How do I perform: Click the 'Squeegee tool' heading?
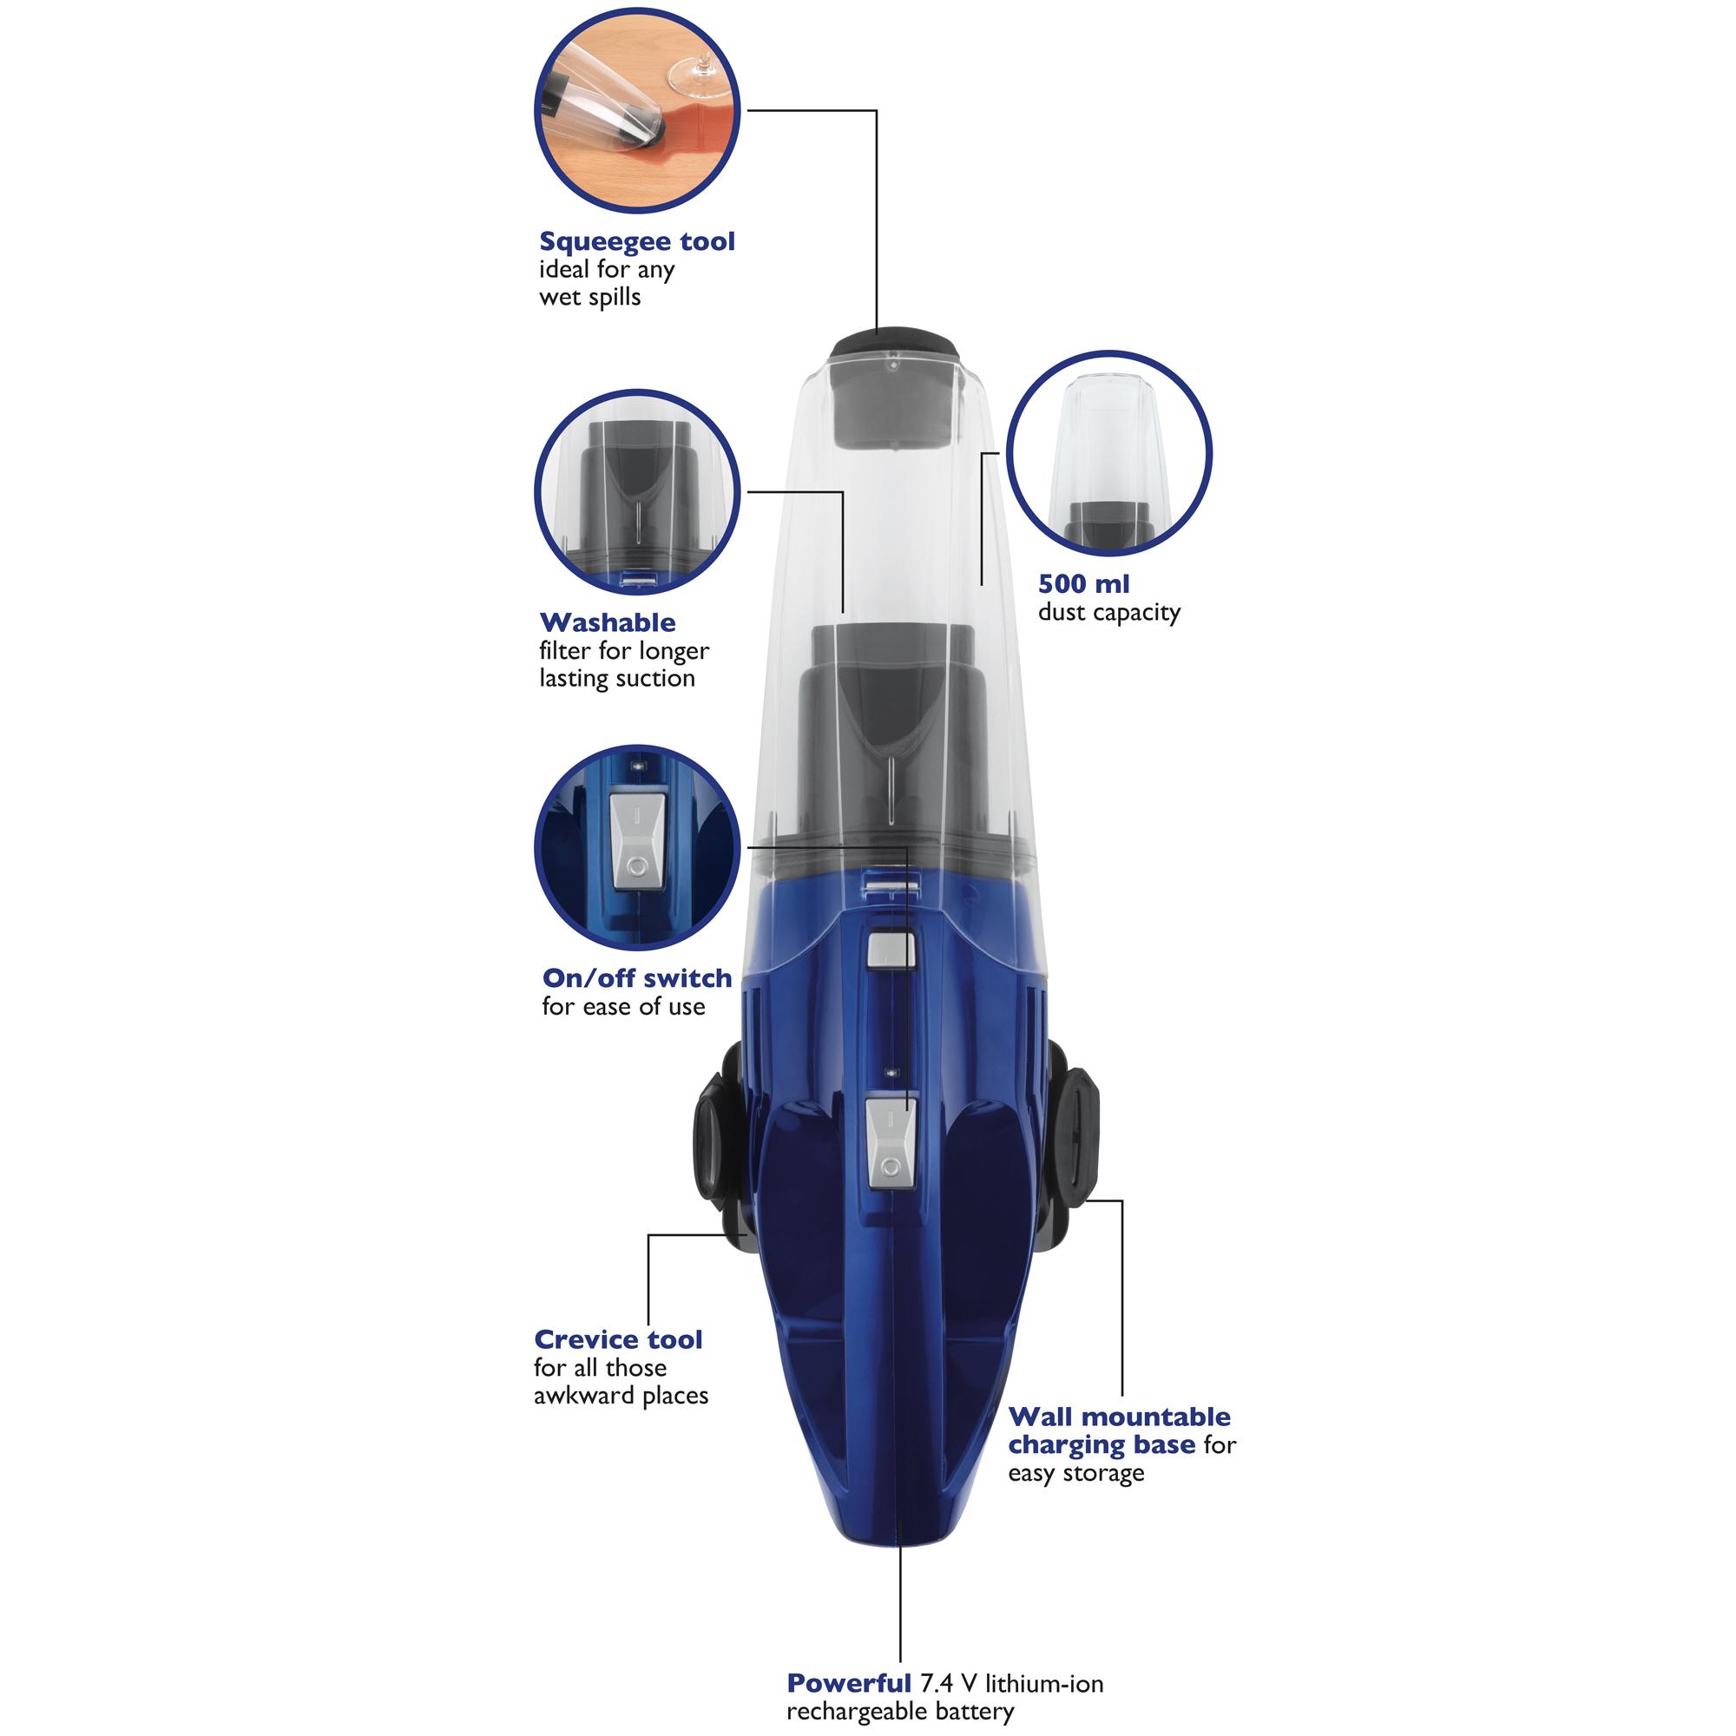[637, 241]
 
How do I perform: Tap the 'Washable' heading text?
[608, 622]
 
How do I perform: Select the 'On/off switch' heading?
[637, 978]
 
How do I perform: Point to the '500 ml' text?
[1083, 584]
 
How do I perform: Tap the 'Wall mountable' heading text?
[1119, 1417]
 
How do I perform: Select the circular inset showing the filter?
[636, 490]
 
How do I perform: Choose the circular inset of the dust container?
[1108, 452]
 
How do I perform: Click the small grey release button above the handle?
[891, 950]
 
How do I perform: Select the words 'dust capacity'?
[1108, 613]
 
